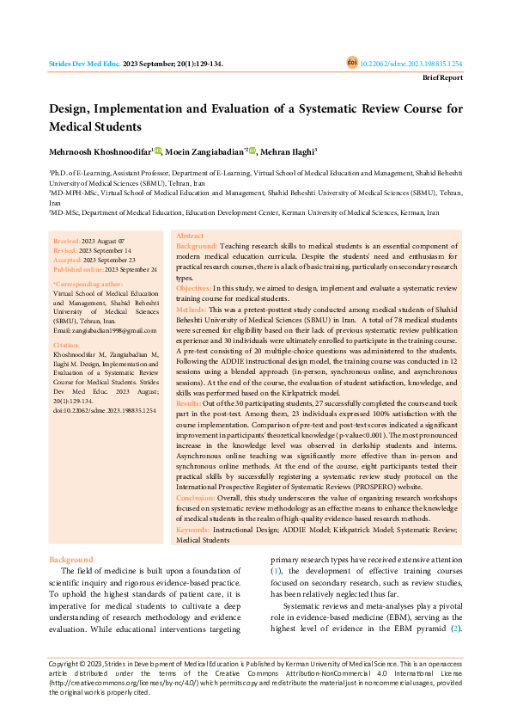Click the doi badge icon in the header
352,63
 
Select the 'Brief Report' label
441,77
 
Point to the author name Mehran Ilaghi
287,152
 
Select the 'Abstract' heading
190,235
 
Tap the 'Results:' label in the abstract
190,402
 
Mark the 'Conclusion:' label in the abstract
197,498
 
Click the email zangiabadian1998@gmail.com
105,330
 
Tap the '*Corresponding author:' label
88,283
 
